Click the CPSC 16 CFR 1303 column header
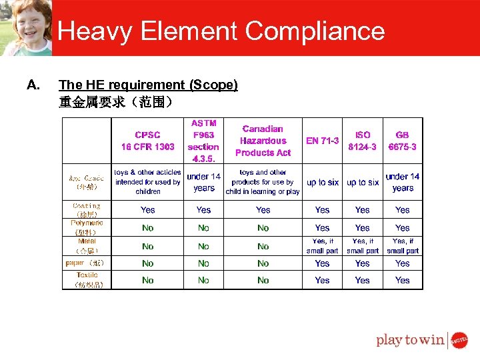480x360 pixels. pyautogui.click(x=147, y=141)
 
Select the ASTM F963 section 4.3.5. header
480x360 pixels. pyautogui.click(x=203, y=141)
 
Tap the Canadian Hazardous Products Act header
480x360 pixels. pyautogui.click(x=263, y=141)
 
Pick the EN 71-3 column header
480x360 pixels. pyautogui.click(x=322, y=141)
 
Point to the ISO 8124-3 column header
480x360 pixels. pyautogui.click(x=363, y=141)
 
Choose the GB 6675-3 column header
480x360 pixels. pyautogui.click(x=403, y=141)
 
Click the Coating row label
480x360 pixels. pyautogui.click(x=86, y=210)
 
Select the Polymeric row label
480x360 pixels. pyautogui.click(x=86, y=227)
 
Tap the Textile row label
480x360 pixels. pyautogui.click(x=87, y=279)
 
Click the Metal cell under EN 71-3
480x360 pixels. pyautogui.click(x=322, y=246)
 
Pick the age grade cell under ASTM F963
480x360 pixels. pyautogui.click(x=203, y=182)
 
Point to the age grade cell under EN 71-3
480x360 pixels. pyautogui.click(x=322, y=182)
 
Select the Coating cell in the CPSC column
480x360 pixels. pyautogui.click(x=147, y=210)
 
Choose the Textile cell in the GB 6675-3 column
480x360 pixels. pyautogui.click(x=403, y=281)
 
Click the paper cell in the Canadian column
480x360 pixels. pyautogui.click(x=263, y=263)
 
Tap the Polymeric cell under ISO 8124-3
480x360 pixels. pyautogui.click(x=363, y=228)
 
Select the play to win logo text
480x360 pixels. pyautogui.click(x=410, y=340)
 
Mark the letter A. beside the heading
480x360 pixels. pyautogui.click(x=33, y=85)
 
